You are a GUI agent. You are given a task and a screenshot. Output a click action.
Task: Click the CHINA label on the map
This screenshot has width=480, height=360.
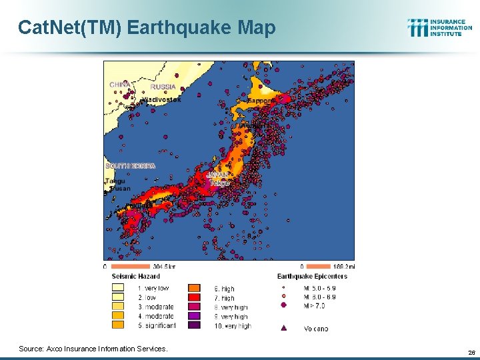tap(120, 85)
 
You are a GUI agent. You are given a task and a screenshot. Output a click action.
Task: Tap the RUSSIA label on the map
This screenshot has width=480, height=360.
tap(163, 87)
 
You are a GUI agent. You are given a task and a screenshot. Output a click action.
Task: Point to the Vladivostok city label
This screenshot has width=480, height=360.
tap(161, 99)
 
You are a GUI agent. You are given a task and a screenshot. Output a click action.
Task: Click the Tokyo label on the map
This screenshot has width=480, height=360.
tap(219, 183)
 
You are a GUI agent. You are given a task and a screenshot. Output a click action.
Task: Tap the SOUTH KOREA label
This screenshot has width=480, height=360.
tap(131, 165)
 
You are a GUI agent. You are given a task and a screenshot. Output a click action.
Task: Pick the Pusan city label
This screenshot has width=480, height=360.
tap(121, 189)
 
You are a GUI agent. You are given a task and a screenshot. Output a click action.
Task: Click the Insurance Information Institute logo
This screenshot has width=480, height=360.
tap(439, 27)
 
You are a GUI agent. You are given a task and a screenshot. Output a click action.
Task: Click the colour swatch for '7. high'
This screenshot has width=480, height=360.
tap(194, 298)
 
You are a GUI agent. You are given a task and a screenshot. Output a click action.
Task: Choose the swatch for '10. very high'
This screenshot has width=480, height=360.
tap(194, 326)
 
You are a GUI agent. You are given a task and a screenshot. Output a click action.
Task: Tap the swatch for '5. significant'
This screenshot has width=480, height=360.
tap(118, 326)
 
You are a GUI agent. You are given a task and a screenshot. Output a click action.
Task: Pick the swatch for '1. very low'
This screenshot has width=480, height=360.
tap(118, 289)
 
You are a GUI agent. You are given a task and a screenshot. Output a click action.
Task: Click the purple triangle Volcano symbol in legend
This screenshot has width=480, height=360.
tap(285, 328)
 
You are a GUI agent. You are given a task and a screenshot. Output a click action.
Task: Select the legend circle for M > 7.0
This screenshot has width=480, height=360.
tap(285, 305)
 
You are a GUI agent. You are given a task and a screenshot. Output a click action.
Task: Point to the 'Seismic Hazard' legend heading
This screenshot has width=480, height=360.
tap(135, 276)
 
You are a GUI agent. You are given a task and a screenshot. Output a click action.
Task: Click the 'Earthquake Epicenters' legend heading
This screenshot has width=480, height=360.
tap(312, 276)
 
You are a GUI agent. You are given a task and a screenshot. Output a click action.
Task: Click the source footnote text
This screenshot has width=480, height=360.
tap(93, 349)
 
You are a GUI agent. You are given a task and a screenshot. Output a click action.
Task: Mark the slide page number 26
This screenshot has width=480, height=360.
tap(471, 352)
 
